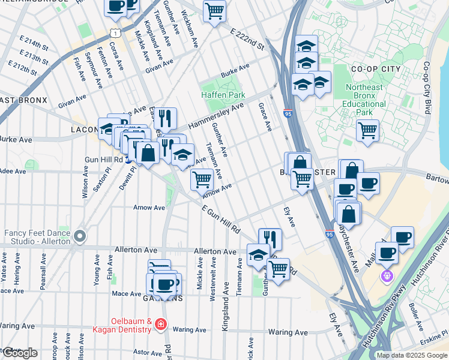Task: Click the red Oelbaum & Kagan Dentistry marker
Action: (160, 325)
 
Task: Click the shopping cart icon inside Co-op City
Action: (367, 130)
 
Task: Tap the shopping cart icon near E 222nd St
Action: (214, 10)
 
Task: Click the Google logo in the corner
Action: (19, 353)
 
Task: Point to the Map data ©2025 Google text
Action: (412, 355)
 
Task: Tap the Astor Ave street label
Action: (147, 352)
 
